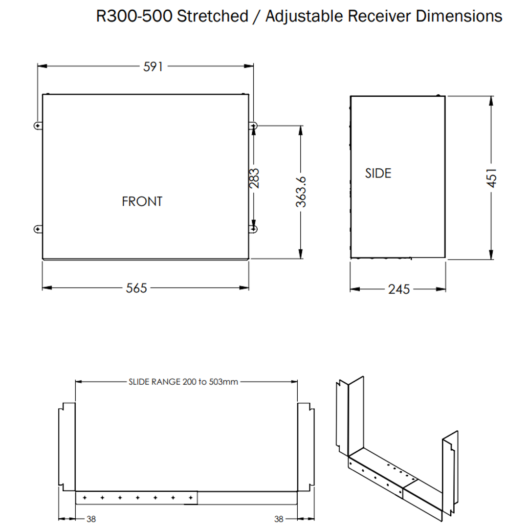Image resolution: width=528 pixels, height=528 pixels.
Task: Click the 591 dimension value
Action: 153,67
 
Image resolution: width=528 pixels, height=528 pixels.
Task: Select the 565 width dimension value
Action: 136,288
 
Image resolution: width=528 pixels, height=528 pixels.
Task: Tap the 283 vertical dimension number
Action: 255,178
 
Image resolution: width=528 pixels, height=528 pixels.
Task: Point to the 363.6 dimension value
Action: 302,192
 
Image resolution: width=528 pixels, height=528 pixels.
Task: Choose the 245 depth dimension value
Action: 399,289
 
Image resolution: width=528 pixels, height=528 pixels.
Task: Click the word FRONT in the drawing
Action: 142,201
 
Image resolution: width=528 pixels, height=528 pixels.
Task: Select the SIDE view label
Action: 378,173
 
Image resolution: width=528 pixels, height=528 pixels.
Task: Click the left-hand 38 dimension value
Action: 91,519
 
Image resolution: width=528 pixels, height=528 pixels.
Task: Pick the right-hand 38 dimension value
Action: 279,519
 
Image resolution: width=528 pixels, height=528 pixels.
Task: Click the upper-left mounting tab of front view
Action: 38,126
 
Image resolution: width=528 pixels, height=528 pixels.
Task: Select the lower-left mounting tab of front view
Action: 38,229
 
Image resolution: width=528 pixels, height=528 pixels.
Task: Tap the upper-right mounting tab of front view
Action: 253,126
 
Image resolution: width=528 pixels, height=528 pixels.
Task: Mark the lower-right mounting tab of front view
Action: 253,229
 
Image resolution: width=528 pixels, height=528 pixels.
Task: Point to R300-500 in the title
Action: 134,16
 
